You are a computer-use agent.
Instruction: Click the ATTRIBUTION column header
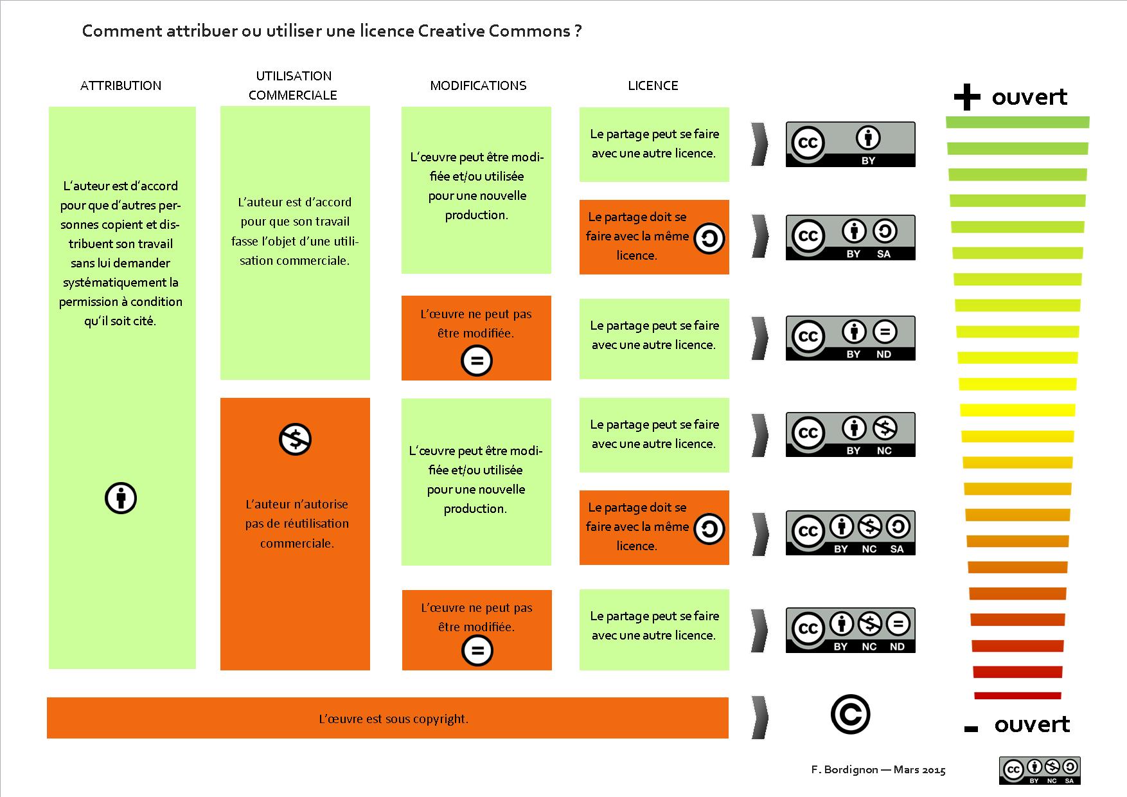pos(121,85)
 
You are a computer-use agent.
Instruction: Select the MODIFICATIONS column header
pos(478,85)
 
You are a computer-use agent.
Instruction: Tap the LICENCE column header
pos(653,85)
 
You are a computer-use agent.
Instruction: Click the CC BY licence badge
pos(850,145)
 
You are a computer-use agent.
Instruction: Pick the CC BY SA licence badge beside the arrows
pos(850,237)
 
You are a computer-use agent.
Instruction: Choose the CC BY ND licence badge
pos(850,338)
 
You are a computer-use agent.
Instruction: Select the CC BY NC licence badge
pos(850,434)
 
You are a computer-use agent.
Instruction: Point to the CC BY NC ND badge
pos(850,630)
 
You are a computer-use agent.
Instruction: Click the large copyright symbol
pos(850,715)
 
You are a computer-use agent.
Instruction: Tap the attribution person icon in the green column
pos(121,498)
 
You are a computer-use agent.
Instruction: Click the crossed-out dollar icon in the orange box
pos(295,440)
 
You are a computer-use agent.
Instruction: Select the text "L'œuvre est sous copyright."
pos(393,719)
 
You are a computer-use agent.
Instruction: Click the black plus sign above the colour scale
pos(967,98)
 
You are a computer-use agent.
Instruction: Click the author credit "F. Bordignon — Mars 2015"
pos(878,769)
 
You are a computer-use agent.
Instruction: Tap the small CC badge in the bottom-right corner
pos(1040,770)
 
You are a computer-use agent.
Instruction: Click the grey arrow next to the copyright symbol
pos(759,717)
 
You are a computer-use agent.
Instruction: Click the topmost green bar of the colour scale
pos(1017,122)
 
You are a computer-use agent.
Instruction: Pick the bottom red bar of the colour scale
pos(1017,695)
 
